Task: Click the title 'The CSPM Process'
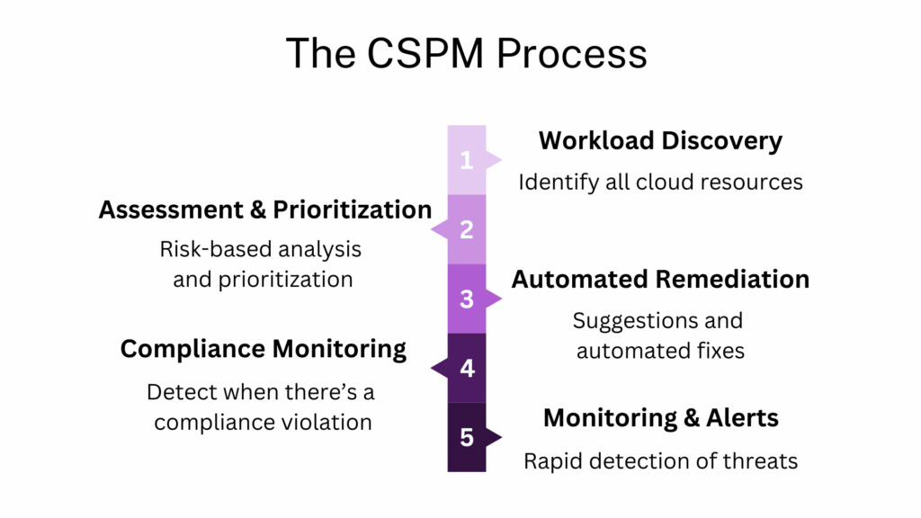466,53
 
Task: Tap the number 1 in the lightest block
466,160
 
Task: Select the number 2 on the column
466,229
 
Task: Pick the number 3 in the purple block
466,299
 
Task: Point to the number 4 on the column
466,369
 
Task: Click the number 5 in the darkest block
466,438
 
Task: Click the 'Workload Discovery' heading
660,141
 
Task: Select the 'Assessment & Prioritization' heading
265,210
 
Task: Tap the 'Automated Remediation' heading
660,280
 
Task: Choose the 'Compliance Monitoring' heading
264,349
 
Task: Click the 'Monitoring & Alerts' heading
660,418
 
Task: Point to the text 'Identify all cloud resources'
660,182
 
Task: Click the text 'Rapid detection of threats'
660,461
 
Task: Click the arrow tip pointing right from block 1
497,160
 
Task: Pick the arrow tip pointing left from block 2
434,229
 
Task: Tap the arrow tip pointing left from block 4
434,369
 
